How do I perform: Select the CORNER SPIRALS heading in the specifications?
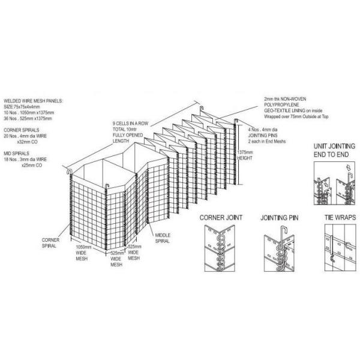click(21, 130)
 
